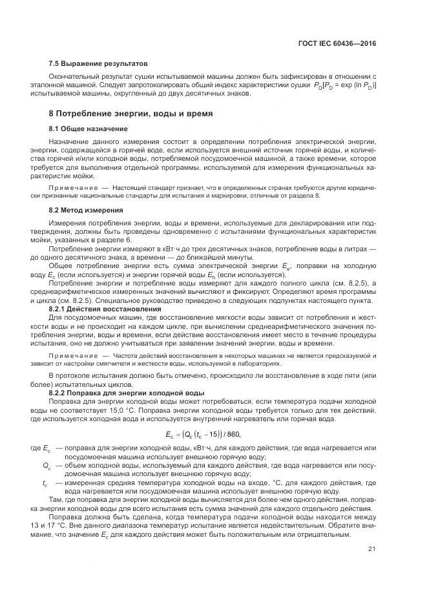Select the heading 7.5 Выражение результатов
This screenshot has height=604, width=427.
[x=98, y=64]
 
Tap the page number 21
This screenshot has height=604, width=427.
[x=372, y=550]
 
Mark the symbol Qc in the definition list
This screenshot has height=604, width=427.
[x=47, y=465]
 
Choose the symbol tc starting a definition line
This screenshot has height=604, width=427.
[x=45, y=483]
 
